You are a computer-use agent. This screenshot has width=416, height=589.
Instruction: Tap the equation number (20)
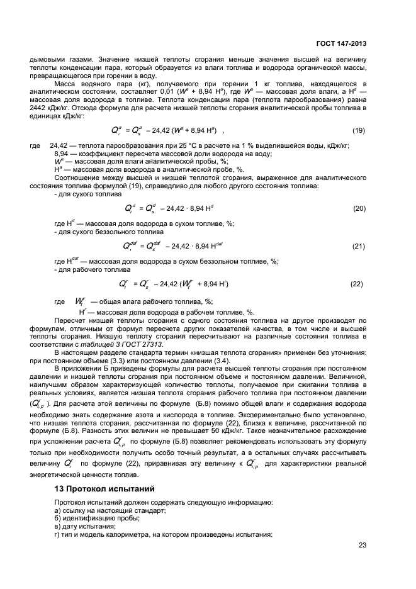coord(359,208)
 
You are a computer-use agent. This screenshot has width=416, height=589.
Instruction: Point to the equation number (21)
coord(359,246)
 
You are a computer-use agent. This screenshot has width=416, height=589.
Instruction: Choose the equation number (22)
coord(356,284)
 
